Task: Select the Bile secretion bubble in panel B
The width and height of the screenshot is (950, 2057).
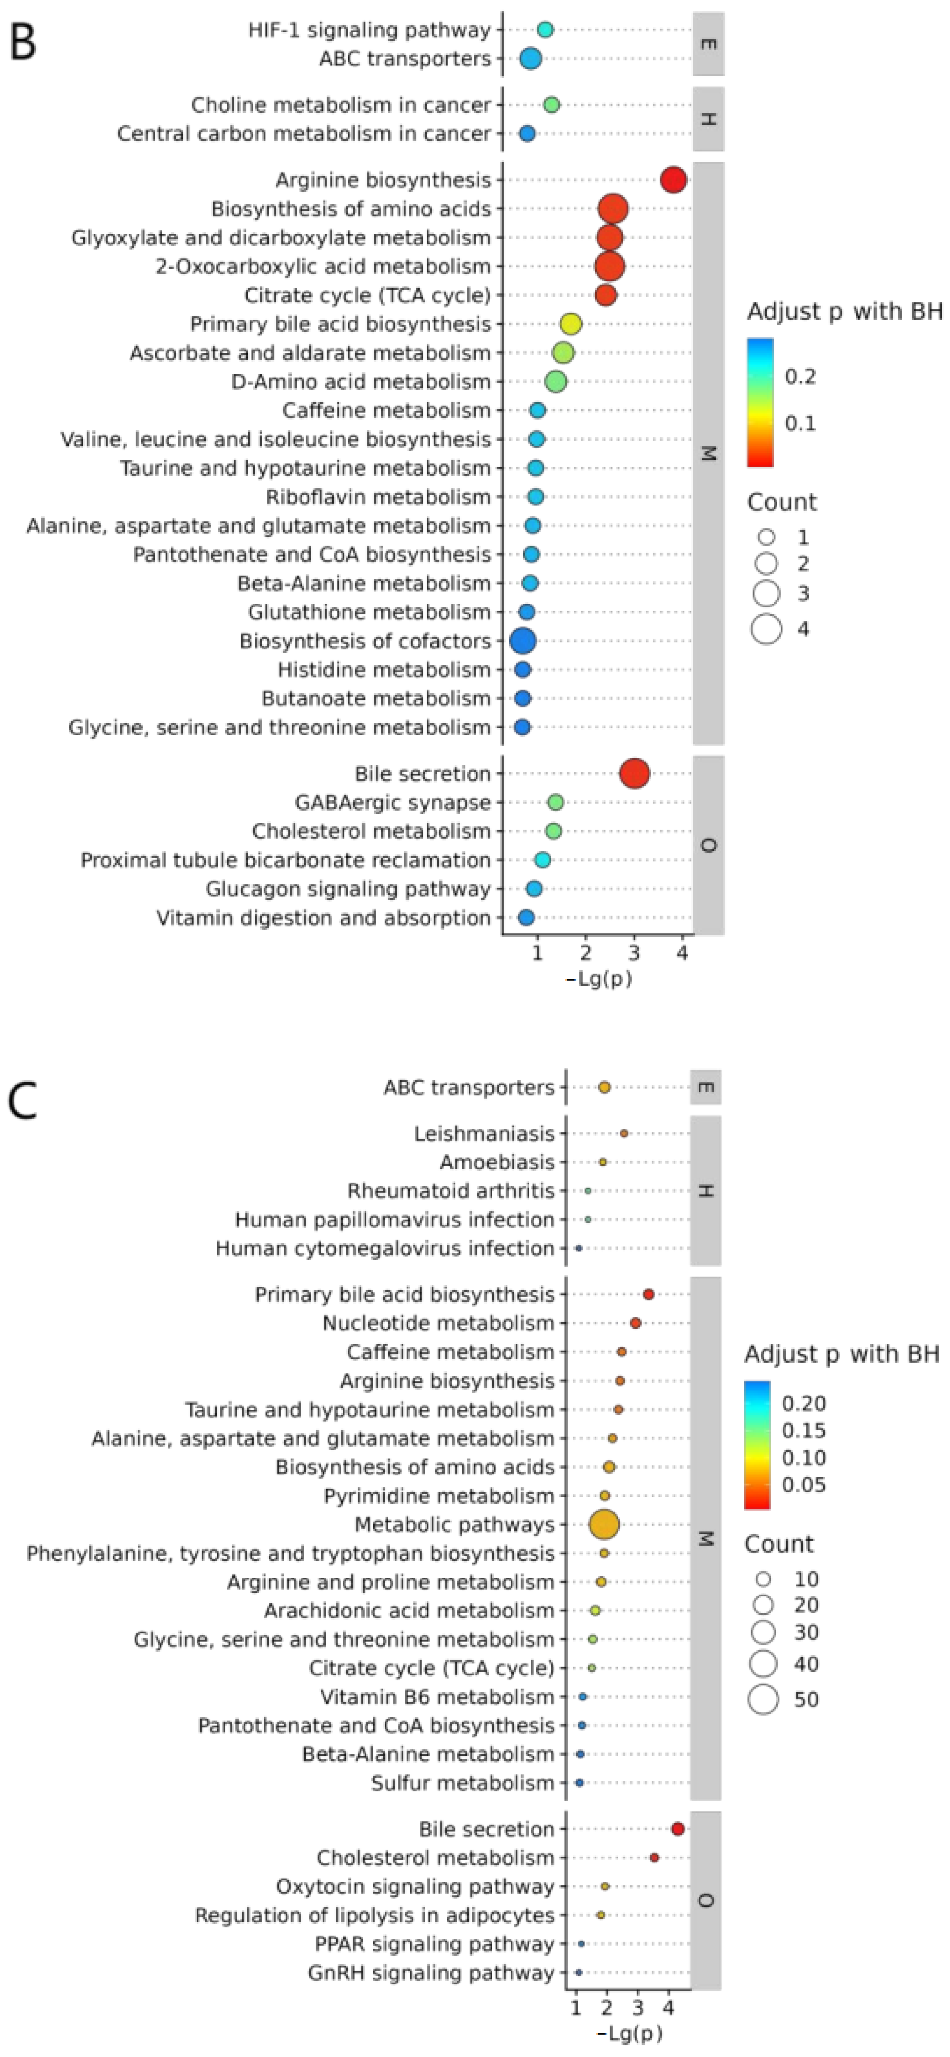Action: (x=635, y=774)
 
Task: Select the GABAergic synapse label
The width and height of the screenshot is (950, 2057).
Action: (x=393, y=802)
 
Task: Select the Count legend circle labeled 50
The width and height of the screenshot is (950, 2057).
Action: (x=763, y=1698)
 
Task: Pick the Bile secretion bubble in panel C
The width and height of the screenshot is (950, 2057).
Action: (x=678, y=1829)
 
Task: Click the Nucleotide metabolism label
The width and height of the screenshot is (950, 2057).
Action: (x=438, y=1323)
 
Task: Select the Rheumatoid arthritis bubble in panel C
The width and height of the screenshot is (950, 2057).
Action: (x=588, y=1191)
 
